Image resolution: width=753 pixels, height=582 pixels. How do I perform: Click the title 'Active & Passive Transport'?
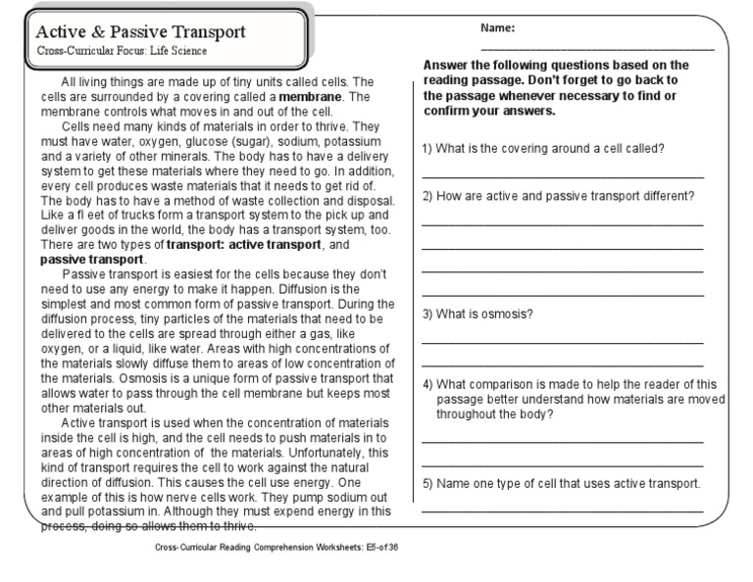click(x=141, y=31)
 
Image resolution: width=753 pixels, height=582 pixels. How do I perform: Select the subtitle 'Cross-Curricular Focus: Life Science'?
click(x=122, y=51)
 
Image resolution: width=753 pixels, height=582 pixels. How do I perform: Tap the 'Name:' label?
click(x=497, y=28)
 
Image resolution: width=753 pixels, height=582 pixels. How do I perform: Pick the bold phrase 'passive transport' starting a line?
click(x=91, y=260)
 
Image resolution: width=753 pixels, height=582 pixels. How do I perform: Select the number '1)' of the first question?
click(x=427, y=148)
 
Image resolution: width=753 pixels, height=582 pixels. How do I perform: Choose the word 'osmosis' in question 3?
click(x=512, y=314)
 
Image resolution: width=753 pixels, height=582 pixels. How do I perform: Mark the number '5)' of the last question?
click(x=427, y=483)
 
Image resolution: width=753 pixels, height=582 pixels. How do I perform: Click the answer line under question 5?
click(x=563, y=510)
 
